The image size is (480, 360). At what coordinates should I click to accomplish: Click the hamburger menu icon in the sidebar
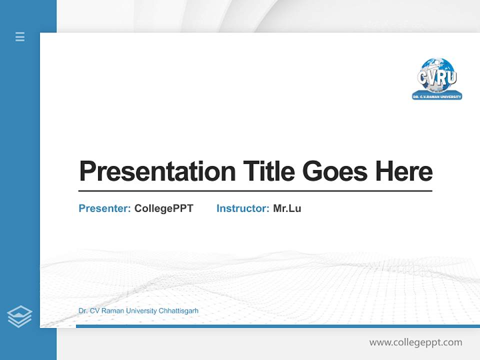tap(20, 36)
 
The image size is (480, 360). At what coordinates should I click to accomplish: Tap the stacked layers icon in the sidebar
tap(19, 316)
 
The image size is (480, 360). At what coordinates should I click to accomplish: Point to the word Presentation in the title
tap(157, 171)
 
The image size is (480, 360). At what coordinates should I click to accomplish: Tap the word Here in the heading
tap(403, 171)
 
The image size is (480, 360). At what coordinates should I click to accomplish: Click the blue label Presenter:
tap(104, 208)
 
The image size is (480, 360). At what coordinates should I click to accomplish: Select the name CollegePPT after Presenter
tap(163, 208)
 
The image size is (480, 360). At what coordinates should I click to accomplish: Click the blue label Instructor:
tap(242, 208)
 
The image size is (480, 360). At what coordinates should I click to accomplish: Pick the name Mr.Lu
tap(287, 208)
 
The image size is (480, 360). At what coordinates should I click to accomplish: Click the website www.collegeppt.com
tap(415, 342)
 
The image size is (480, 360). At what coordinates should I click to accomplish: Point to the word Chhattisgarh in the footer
tap(178, 311)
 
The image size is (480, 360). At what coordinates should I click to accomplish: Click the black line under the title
tap(255, 191)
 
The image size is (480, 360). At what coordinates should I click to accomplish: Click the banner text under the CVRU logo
tap(437, 96)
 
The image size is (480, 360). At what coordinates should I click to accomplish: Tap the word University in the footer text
tap(141, 311)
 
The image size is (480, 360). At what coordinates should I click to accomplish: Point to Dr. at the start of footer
tap(83, 311)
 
